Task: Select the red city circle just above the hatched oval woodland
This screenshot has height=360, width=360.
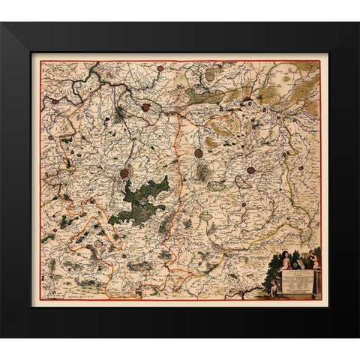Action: pos(198,153)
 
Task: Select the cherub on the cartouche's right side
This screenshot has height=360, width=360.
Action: pos(314,260)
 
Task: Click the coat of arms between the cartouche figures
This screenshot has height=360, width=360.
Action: pos(299,262)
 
